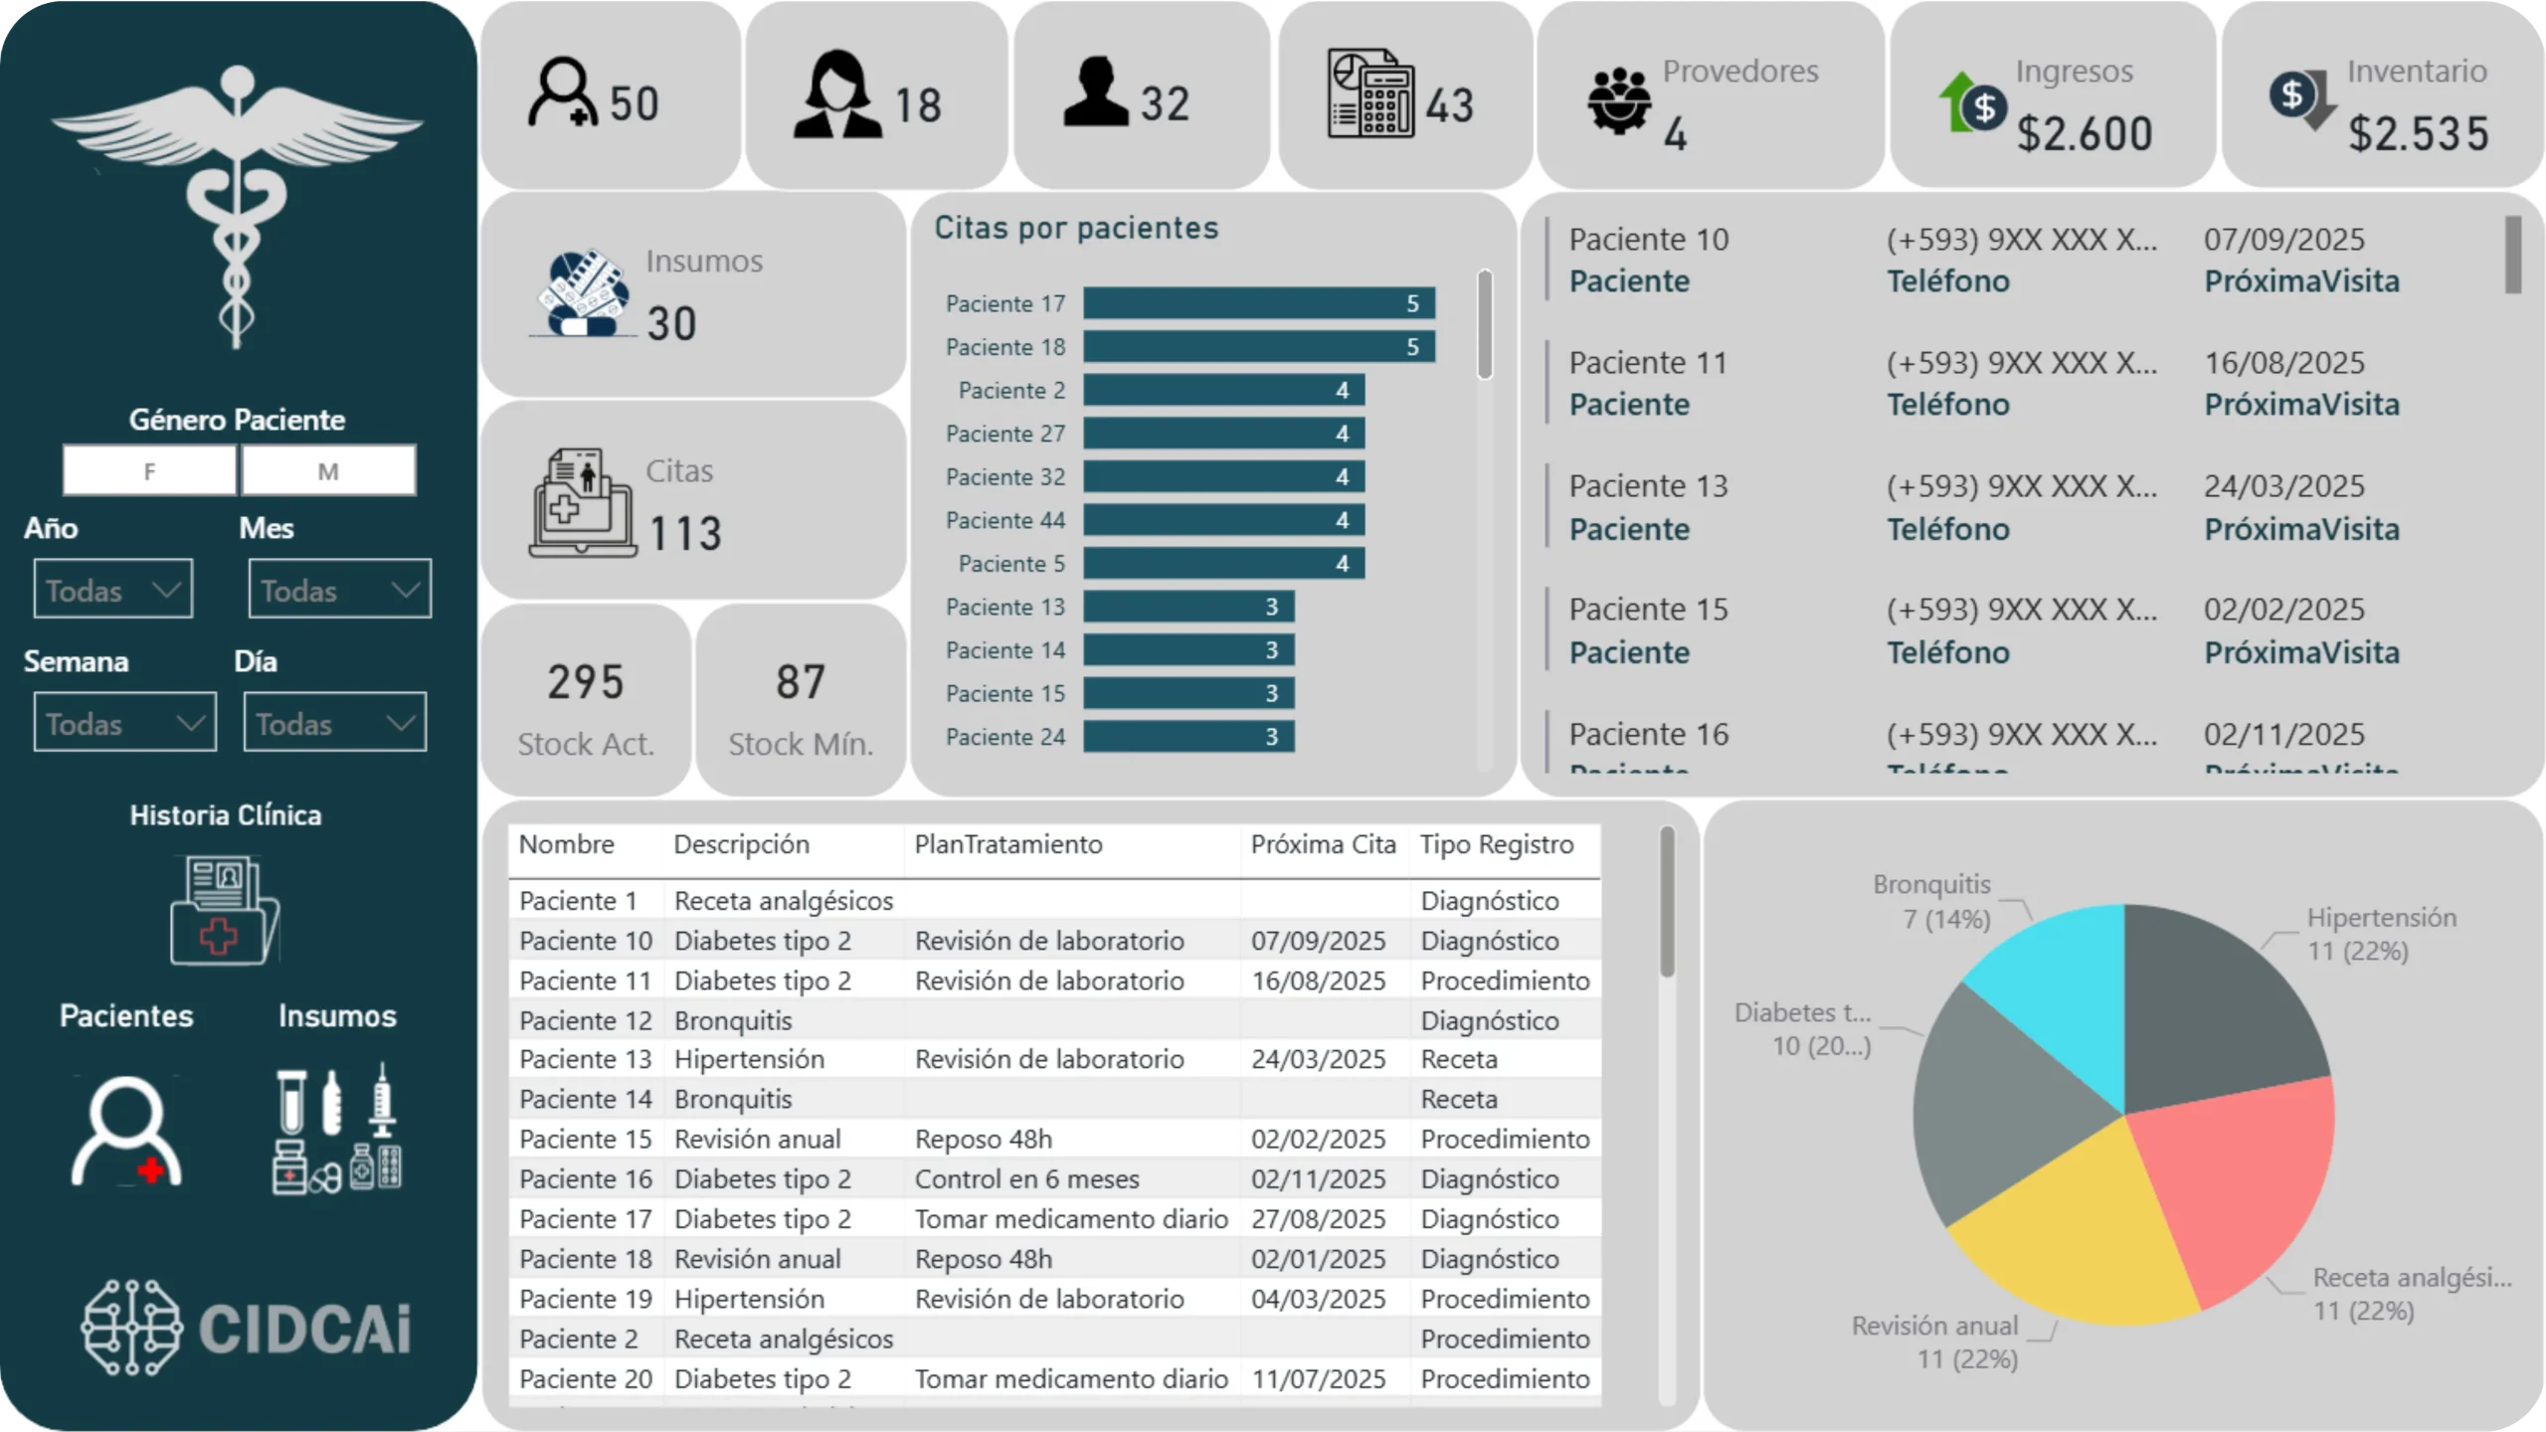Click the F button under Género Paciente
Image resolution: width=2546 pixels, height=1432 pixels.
[149, 470]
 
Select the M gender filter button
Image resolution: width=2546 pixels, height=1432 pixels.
[328, 470]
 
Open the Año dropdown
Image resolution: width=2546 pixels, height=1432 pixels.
[112, 590]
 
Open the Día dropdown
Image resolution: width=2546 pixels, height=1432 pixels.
[334, 723]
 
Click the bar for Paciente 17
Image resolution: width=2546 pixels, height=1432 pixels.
[1258, 303]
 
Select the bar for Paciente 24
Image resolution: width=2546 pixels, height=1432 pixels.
[1188, 737]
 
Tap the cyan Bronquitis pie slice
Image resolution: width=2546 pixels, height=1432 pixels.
[2059, 984]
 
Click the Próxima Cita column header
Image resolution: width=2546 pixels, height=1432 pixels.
[1323, 844]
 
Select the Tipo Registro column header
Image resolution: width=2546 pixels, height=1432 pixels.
[1496, 844]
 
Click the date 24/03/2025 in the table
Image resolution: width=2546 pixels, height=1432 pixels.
[1318, 1059]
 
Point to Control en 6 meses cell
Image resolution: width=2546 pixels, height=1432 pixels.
[1026, 1179]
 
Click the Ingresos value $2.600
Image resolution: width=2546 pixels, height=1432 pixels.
[2085, 134]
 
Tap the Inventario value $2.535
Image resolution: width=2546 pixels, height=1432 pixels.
[2419, 134]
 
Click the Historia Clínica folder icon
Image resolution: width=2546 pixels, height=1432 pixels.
[225, 910]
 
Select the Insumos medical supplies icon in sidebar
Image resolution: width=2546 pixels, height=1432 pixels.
[337, 1129]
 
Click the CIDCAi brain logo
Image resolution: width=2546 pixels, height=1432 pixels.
[132, 1328]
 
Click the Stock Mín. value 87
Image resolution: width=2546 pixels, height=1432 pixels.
[801, 682]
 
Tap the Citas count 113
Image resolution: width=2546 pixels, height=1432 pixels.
[685, 534]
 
